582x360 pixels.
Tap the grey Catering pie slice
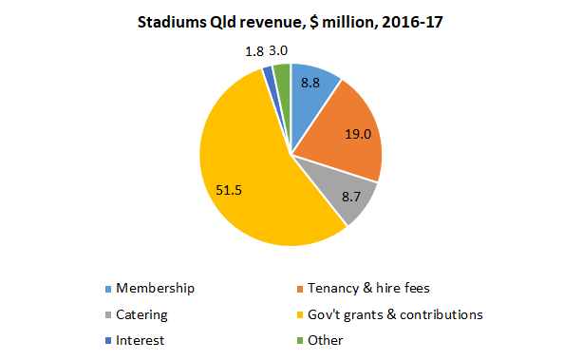tap(347, 201)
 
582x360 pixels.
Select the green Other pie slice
tap(282, 72)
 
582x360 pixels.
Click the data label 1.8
tap(253, 51)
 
